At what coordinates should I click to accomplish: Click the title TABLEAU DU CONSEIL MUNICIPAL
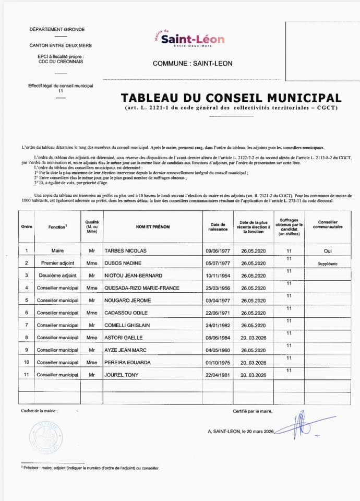pos(231,98)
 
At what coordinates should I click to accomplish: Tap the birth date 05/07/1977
pos(218,263)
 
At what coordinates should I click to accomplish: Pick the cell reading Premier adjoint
pos(57,263)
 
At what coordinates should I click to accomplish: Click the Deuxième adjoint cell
pos(57,275)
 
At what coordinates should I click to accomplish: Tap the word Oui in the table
pos(328,251)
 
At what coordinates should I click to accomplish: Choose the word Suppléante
pos(328,264)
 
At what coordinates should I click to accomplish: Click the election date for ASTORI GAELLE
pos(254,338)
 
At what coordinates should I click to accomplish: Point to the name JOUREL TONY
pos(123,375)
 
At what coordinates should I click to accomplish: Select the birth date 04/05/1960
pos(218,350)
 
